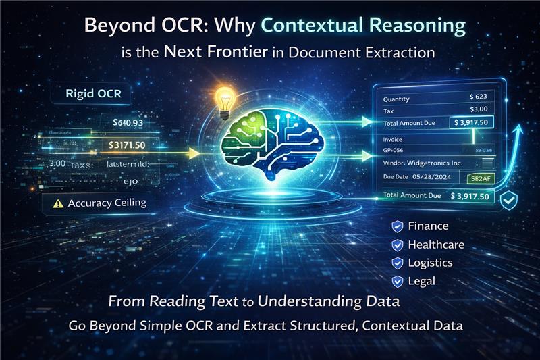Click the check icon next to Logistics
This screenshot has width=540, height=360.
397,263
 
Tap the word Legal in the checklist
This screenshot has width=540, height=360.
422,280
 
